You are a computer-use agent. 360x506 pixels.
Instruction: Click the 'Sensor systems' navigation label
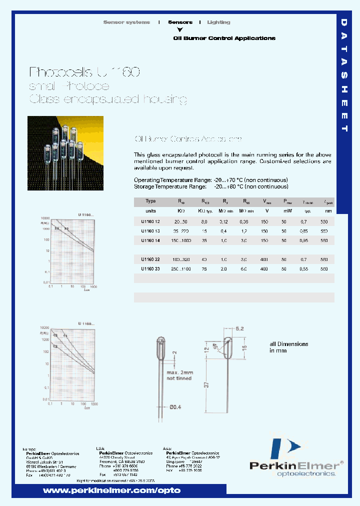126,22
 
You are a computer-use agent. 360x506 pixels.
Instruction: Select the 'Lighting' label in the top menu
218,22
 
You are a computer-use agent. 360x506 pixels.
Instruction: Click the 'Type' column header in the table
150,201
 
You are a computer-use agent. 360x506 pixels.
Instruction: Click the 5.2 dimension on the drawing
239,329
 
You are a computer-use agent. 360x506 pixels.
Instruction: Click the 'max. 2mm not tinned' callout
179,375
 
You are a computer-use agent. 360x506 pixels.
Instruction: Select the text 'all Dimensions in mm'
289,347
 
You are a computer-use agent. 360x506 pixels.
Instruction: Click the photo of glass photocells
65,153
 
